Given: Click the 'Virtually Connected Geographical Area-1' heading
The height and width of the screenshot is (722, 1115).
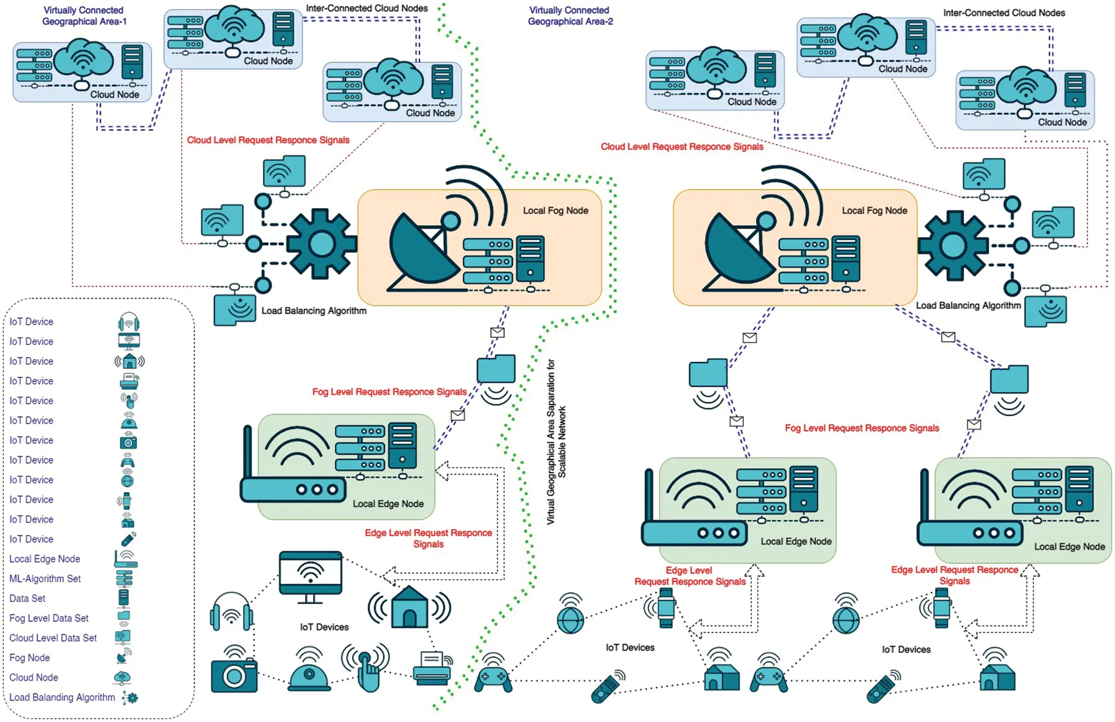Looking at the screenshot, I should click(83, 15).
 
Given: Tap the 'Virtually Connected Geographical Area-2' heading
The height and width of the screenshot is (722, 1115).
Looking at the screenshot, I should click(570, 15).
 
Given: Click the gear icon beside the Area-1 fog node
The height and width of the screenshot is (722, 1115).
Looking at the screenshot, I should click(321, 244).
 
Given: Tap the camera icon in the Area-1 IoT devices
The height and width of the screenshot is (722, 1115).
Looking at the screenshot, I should click(234, 673).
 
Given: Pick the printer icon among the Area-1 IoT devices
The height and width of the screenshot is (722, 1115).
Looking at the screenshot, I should click(432, 669).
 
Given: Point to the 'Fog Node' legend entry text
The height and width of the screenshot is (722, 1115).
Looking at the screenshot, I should click(30, 657).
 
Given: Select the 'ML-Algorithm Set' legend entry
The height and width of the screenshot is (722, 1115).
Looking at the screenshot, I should click(45, 579).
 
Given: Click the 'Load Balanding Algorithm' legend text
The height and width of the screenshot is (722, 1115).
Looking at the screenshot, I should click(62, 697).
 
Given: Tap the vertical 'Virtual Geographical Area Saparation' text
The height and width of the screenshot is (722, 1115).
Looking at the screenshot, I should click(555, 441).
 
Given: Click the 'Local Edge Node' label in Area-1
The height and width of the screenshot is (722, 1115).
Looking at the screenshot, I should click(388, 504).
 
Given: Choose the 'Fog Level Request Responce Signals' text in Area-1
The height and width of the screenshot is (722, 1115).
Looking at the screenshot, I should click(389, 392).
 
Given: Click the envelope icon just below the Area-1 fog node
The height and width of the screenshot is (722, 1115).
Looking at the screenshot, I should click(497, 332).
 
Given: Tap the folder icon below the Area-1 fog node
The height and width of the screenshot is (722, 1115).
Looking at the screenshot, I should click(496, 369).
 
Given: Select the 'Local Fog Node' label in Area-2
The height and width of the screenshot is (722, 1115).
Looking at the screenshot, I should click(874, 210).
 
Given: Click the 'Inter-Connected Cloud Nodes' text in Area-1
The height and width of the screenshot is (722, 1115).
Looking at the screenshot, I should click(367, 8).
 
